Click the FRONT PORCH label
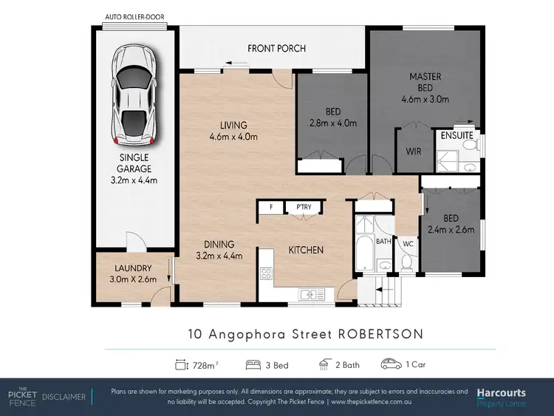(276, 49)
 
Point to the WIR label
(413, 151)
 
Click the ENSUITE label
(456, 136)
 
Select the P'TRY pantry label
(303, 208)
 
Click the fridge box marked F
(271, 208)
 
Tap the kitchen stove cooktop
(266, 274)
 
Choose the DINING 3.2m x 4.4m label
(219, 250)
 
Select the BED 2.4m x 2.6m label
(453, 222)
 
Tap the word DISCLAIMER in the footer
(64, 397)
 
